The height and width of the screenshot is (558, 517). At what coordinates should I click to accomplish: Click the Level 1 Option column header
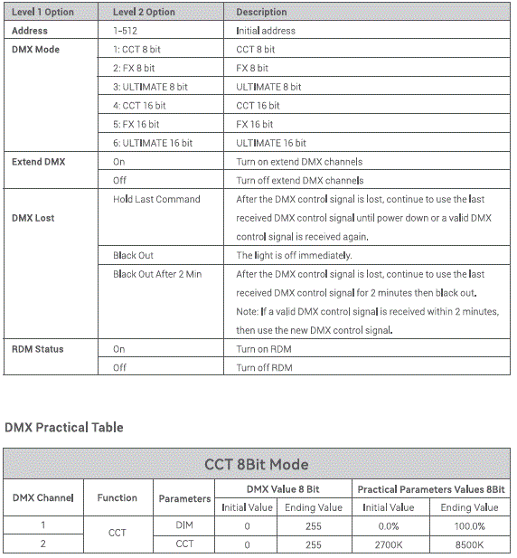point(43,12)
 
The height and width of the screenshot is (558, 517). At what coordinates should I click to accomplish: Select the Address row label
point(30,31)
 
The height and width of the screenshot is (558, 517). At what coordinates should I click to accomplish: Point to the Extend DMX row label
point(39,162)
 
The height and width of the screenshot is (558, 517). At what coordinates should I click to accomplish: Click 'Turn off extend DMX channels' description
point(299,181)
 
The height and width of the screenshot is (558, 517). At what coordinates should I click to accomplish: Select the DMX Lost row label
point(33,218)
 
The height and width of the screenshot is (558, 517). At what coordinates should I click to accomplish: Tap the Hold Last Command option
point(156,199)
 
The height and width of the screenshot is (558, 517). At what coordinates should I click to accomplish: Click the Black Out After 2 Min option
point(157,274)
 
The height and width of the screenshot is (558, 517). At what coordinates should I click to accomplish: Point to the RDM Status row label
point(38,349)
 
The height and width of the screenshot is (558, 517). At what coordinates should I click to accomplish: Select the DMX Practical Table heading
point(64,427)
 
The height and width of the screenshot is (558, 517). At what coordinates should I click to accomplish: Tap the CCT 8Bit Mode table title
point(256,465)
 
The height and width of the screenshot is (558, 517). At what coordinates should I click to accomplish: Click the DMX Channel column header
point(42,497)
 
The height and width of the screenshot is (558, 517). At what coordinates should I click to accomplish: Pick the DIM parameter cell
point(184,525)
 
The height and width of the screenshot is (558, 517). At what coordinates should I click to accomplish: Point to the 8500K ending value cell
point(469,544)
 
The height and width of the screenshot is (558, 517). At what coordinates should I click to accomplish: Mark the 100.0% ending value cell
point(469,525)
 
